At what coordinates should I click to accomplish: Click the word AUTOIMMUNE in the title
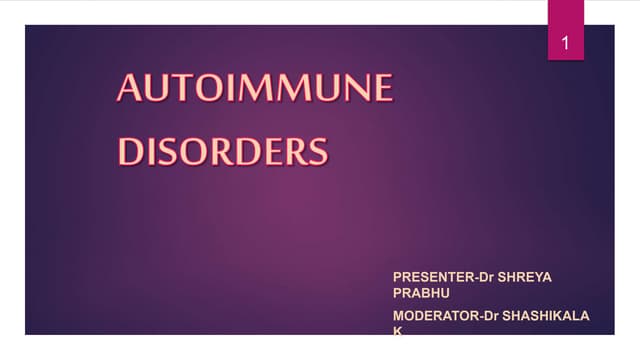(x=255, y=89)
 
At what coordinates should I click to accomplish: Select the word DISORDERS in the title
(x=223, y=151)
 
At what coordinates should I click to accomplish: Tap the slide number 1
(x=566, y=44)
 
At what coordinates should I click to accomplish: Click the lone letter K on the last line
(x=397, y=330)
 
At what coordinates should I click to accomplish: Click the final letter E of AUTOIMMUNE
(x=380, y=89)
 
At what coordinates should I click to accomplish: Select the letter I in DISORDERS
(x=150, y=151)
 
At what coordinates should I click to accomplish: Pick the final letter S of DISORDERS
(x=316, y=151)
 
